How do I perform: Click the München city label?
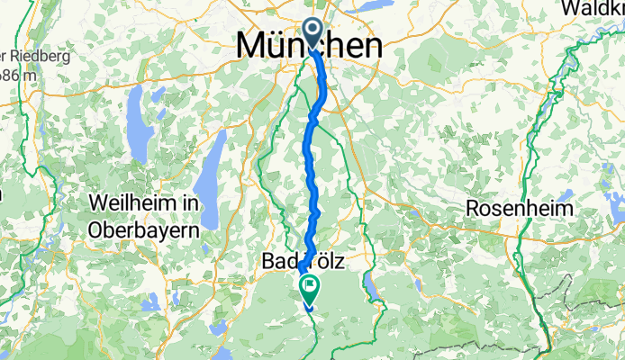[x=309, y=47]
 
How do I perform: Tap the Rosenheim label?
[x=520, y=209]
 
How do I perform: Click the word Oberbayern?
[x=144, y=229]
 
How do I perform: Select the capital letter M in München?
[x=251, y=47]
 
